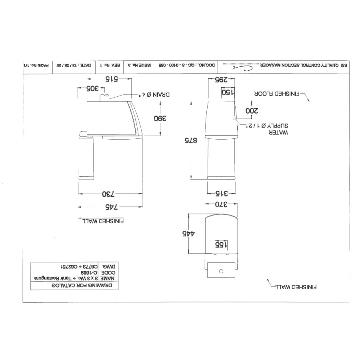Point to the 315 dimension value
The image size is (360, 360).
tap(221, 194)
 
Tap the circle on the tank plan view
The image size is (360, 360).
tap(220, 271)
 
